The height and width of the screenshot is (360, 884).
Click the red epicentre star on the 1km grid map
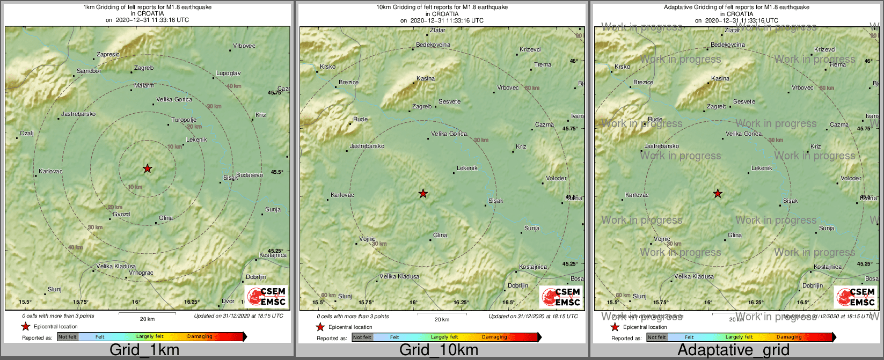(148, 168)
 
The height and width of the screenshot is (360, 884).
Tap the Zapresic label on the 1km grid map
(108, 55)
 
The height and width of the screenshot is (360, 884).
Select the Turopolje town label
(184, 120)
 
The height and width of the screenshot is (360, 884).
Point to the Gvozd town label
(121, 215)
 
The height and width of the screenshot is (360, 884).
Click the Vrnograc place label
(141, 273)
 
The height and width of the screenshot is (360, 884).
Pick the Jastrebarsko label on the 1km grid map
(78, 114)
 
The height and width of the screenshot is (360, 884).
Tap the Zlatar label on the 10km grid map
(438, 31)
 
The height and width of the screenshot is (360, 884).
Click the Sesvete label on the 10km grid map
(449, 101)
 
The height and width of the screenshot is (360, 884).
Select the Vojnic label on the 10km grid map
(367, 239)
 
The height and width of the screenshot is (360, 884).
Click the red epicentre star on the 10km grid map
(423, 193)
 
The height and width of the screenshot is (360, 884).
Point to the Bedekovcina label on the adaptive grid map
(728, 45)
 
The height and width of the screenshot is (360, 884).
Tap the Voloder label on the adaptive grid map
(851, 178)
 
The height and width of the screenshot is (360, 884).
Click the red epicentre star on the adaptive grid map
(718, 194)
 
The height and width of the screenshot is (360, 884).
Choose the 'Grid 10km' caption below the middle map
(439, 350)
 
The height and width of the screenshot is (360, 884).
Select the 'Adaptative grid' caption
(733, 350)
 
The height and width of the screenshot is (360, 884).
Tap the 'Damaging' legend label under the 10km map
(494, 337)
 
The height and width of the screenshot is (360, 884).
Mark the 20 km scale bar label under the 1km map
(147, 319)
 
